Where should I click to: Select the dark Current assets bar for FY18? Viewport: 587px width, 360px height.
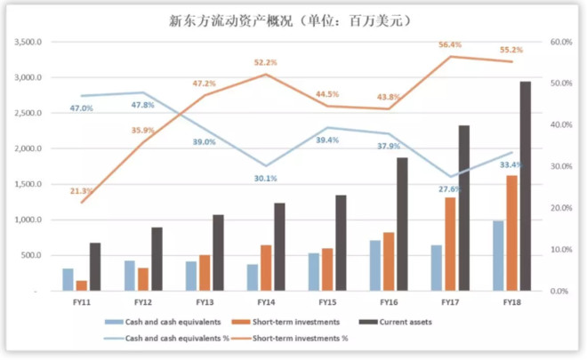[526, 186]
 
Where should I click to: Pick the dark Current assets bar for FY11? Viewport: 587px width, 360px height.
[95, 267]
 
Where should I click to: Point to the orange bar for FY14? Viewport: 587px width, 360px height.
[266, 268]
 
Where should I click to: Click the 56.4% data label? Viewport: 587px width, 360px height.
[450, 44]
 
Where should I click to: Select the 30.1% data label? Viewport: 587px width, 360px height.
[265, 179]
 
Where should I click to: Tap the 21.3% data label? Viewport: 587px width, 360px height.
[81, 190]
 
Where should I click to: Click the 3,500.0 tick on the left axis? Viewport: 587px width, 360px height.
[30, 42]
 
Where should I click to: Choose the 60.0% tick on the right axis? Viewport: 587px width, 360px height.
[560, 42]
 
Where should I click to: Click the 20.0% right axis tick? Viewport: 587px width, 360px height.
[560, 208]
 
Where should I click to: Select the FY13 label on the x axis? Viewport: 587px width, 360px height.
[204, 302]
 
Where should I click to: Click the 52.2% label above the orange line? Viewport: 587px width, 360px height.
[265, 63]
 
